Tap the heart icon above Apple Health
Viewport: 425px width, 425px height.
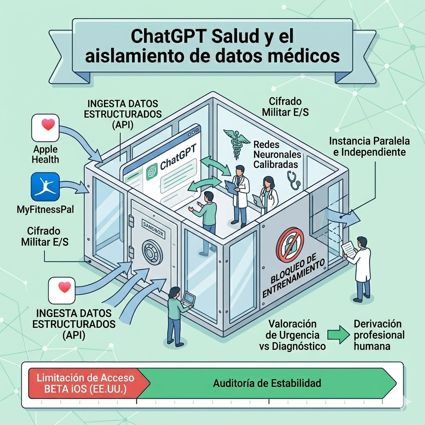[45, 127]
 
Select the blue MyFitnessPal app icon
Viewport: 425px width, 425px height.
[45, 187]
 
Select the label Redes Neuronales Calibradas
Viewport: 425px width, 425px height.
[277, 154]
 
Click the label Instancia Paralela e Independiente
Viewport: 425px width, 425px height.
[367, 146]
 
